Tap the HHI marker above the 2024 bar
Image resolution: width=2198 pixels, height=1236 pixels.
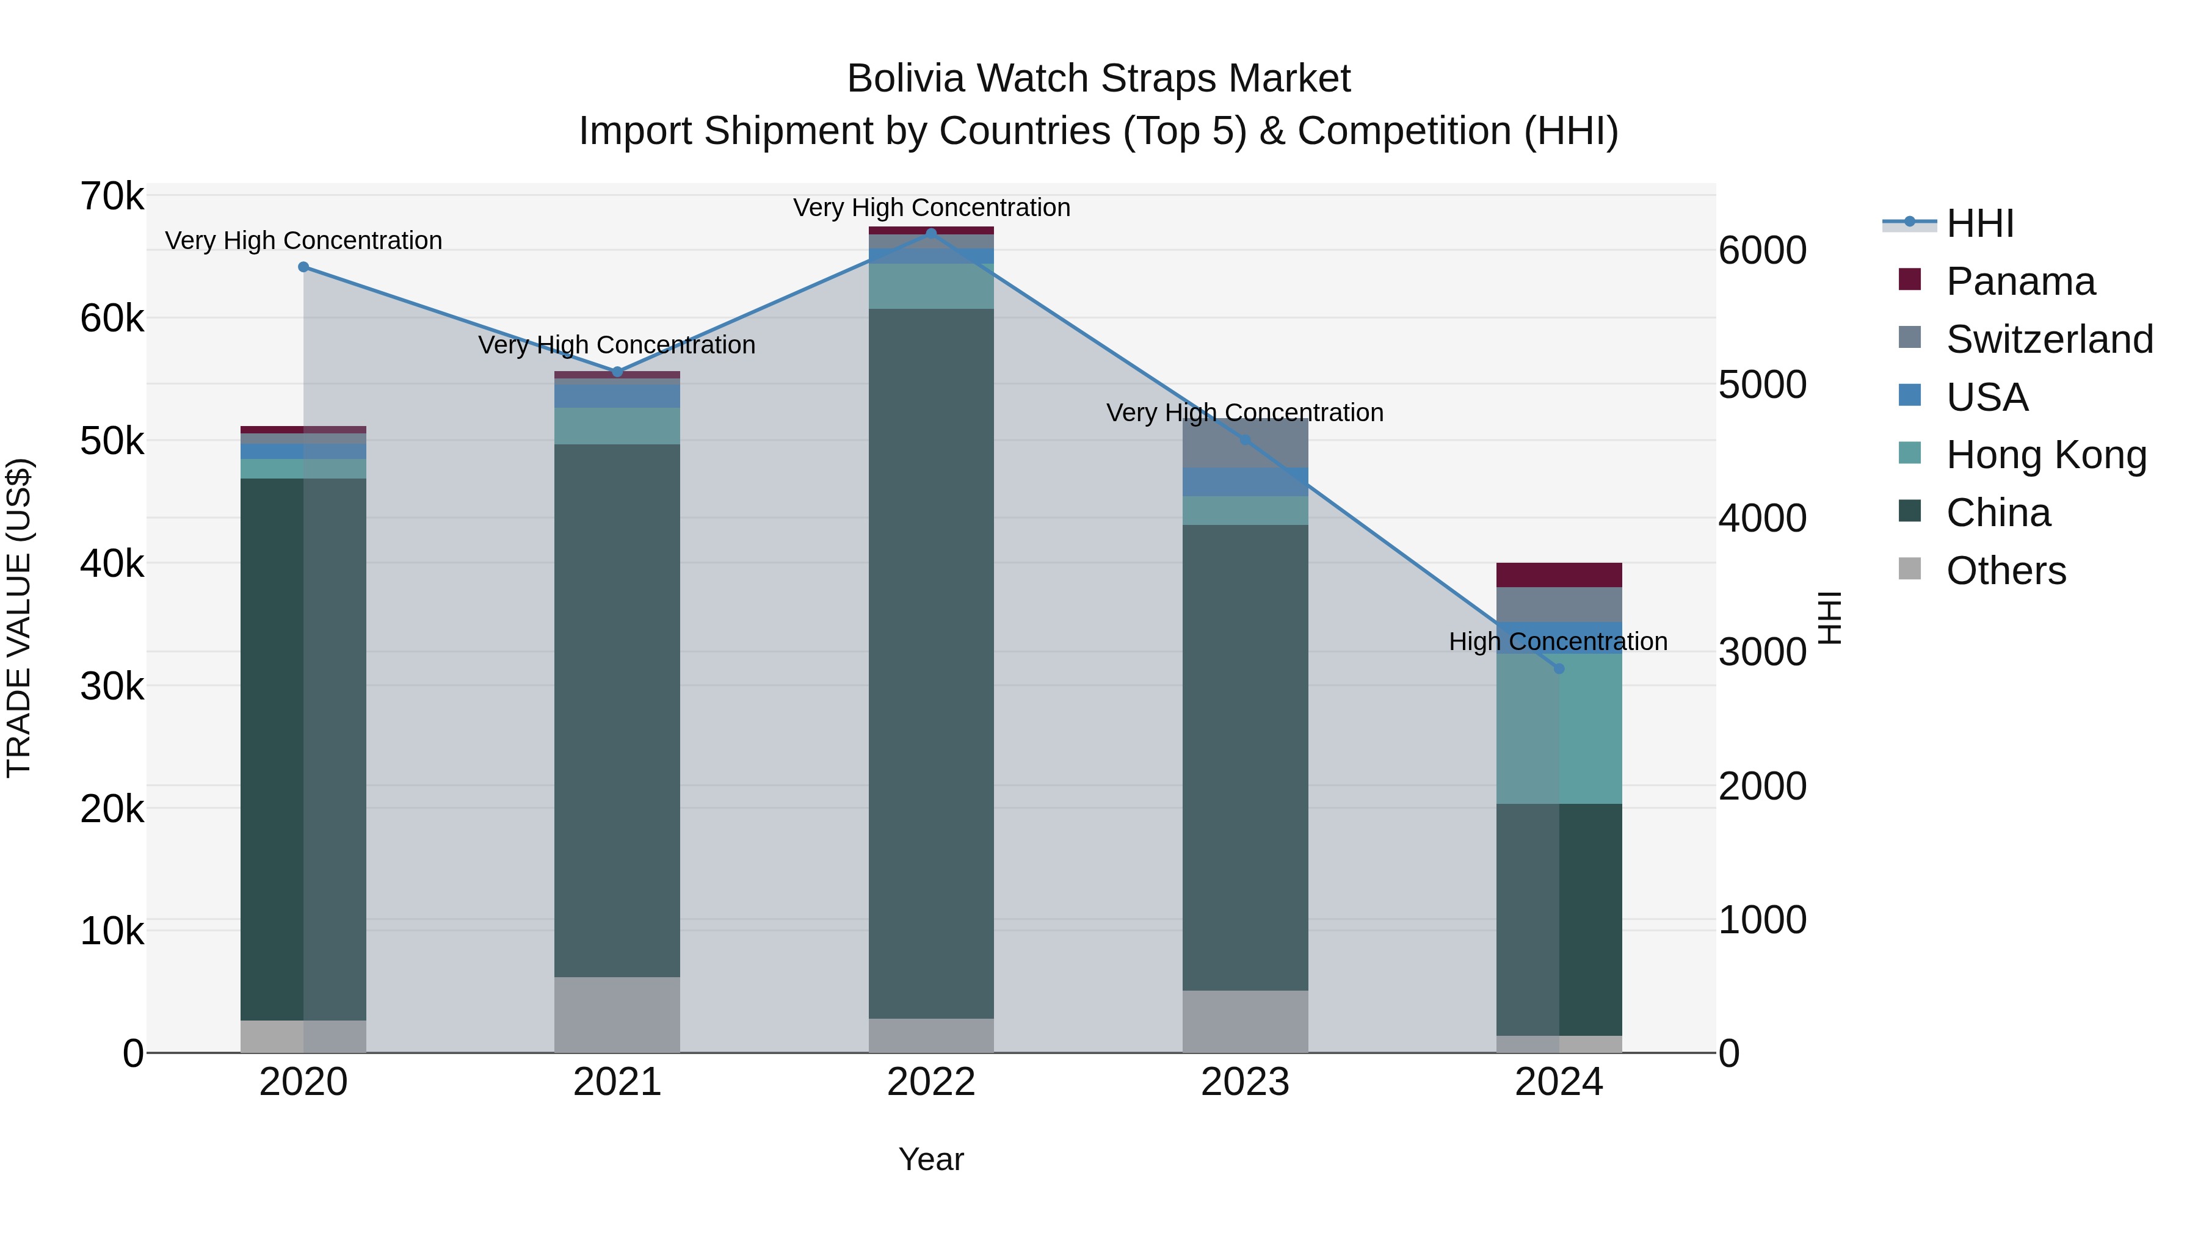[1559, 669]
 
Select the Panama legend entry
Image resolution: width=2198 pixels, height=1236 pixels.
[2019, 281]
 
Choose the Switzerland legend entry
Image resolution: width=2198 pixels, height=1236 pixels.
[2048, 339]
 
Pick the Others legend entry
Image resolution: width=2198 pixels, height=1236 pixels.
[2005, 571]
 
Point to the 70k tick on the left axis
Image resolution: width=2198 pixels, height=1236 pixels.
[112, 197]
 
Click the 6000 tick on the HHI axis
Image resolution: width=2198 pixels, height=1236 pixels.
[1762, 251]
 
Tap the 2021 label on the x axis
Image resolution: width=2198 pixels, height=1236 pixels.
[617, 1082]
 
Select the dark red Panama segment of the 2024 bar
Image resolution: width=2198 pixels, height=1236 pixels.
[1559, 575]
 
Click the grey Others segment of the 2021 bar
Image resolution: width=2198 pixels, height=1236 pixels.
[617, 1014]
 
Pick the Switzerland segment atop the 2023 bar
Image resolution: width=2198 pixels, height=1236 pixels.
[1245, 444]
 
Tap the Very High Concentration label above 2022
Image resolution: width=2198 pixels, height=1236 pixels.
[931, 208]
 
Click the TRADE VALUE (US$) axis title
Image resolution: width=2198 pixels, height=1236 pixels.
[19, 618]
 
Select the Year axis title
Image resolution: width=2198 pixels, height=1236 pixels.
[931, 1159]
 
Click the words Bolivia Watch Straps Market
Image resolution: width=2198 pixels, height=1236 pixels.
[1098, 79]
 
